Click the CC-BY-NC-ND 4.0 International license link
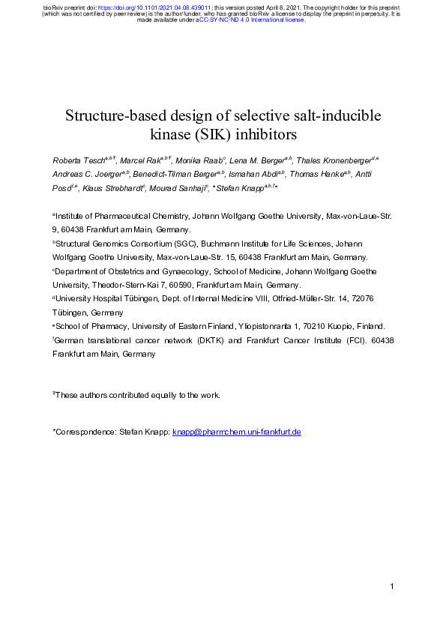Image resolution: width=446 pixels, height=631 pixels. point(252,20)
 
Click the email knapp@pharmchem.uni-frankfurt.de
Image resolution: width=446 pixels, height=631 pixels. point(237,432)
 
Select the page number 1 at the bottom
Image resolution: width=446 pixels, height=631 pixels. point(391,585)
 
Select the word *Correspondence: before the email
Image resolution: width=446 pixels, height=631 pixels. point(84,432)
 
